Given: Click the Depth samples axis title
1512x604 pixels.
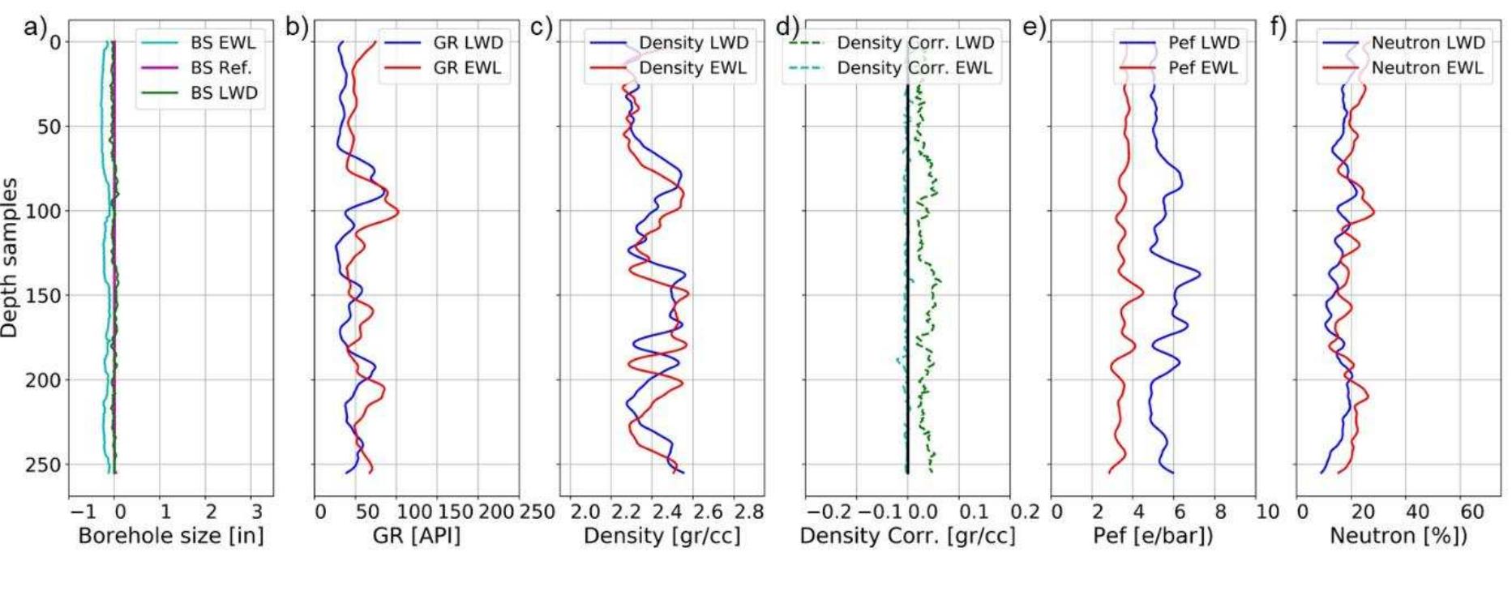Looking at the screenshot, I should (x=10, y=258).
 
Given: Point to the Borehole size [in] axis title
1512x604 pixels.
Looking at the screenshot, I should (x=171, y=536).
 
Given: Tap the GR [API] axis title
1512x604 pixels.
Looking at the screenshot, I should (x=417, y=536).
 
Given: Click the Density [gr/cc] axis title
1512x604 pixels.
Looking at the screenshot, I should (x=662, y=536).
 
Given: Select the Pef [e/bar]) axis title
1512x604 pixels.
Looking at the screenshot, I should (x=1153, y=536).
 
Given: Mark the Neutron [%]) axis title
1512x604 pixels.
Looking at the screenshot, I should (x=1398, y=536).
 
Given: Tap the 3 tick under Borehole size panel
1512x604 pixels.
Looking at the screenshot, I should (x=257, y=512).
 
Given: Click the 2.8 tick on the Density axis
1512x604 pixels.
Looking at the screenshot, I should (x=748, y=512).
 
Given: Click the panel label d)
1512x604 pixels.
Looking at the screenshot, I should (x=787, y=27).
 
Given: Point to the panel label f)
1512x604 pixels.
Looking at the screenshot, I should (x=1278, y=27).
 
